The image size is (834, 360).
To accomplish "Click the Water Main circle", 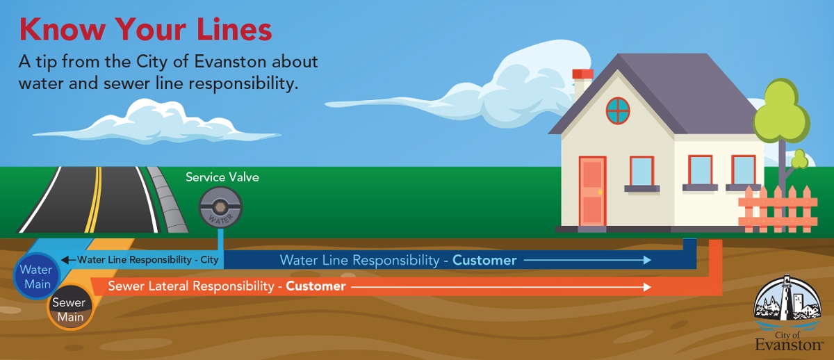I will click(x=35, y=277).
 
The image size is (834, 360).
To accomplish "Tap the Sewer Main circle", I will click(x=68, y=310).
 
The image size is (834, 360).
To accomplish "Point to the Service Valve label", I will click(x=222, y=177).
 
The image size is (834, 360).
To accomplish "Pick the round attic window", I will click(x=617, y=110).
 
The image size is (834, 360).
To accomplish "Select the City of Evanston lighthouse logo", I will click(x=787, y=313).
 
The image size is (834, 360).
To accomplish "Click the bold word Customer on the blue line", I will click(x=484, y=261).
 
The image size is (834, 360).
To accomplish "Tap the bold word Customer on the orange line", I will click(x=316, y=286).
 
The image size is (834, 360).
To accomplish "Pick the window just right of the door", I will click(x=641, y=172).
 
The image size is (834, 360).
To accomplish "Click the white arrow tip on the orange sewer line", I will click(x=648, y=286).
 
